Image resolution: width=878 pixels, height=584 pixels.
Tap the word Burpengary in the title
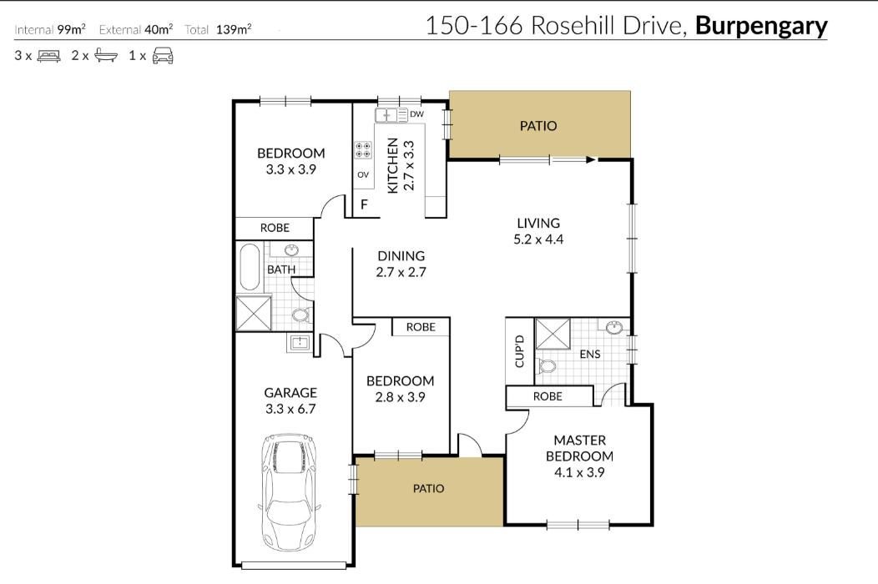(760, 26)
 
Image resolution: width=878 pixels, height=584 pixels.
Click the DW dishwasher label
(417, 114)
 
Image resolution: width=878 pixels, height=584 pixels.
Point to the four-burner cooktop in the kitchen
(363, 150)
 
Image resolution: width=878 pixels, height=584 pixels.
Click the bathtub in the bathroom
(250, 267)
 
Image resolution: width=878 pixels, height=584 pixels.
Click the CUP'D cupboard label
(519, 351)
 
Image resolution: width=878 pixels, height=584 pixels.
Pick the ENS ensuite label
(590, 355)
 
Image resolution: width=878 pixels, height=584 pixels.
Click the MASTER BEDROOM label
(579, 448)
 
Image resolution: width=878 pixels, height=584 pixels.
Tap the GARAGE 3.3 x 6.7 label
(290, 400)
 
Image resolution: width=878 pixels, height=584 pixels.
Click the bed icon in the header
(49, 57)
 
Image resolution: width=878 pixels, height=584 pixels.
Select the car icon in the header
(162, 57)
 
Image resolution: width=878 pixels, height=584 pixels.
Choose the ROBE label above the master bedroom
(547, 397)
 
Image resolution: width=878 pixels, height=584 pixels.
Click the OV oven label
(363, 175)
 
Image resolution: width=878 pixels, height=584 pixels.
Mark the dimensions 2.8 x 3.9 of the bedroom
(401, 398)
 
